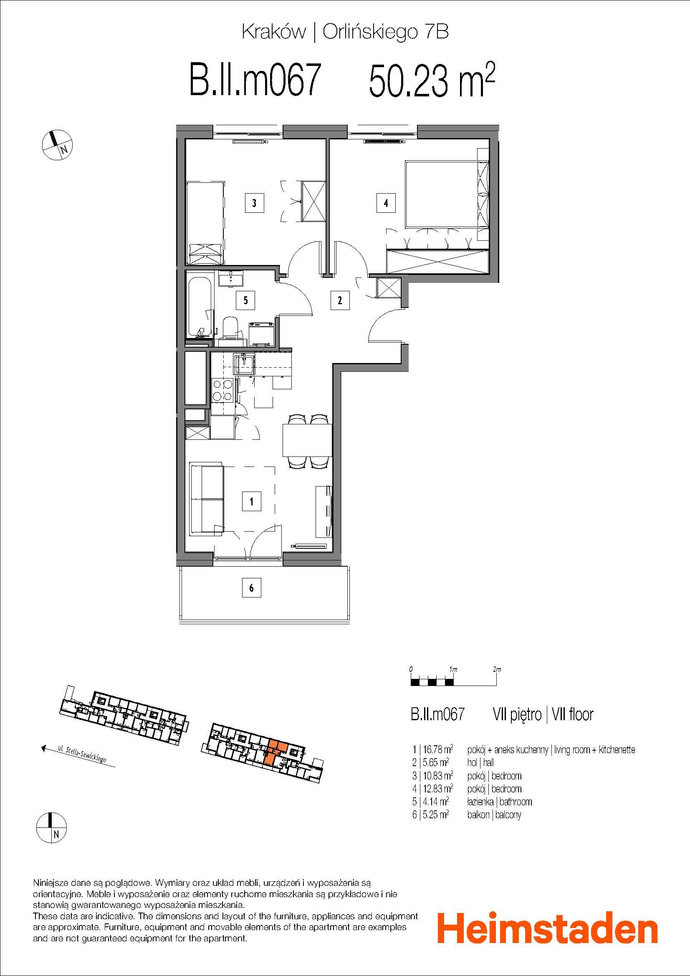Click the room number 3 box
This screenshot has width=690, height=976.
pyautogui.click(x=254, y=203)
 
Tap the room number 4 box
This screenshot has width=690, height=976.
pyautogui.click(x=386, y=203)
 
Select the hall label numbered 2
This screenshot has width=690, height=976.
pyautogui.click(x=339, y=300)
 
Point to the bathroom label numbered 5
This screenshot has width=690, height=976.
pyautogui.click(x=246, y=300)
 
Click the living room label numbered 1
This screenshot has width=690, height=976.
pyautogui.click(x=252, y=501)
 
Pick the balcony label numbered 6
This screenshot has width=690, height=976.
pyautogui.click(x=252, y=588)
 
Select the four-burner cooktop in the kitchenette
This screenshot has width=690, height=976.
pyautogui.click(x=222, y=390)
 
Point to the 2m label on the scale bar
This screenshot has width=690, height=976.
pyautogui.click(x=497, y=669)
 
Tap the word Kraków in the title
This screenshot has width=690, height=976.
pyautogui.click(x=273, y=32)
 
